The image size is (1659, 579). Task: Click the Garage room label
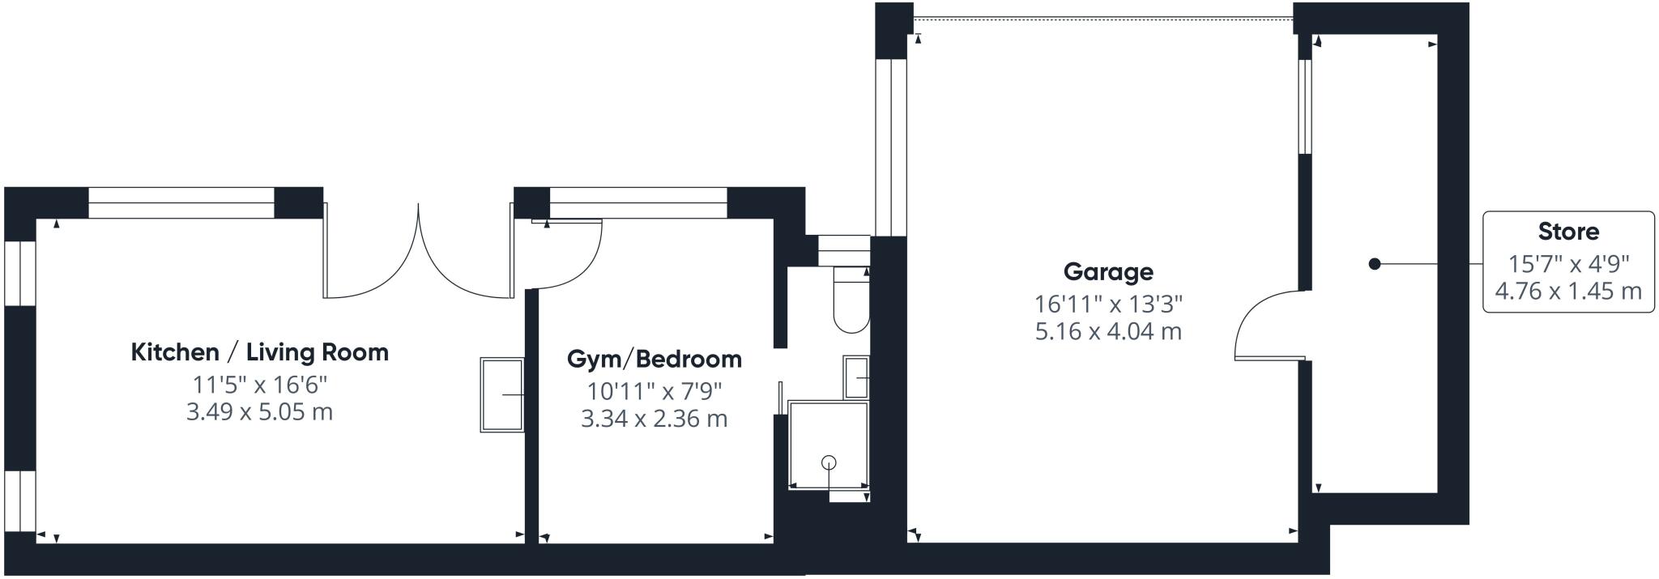[1107, 272]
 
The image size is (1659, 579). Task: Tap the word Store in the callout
[1568, 232]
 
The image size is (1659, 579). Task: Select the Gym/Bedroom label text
[654, 359]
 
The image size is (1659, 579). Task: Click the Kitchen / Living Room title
[259, 352]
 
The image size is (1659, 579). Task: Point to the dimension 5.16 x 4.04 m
[1108, 331]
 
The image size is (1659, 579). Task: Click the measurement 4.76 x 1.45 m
[1568, 291]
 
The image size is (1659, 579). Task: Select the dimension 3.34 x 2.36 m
[654, 419]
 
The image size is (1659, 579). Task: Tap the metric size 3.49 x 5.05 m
[259, 411]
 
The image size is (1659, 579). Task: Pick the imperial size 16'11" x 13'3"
[1108, 304]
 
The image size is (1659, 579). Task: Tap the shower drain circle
[829, 462]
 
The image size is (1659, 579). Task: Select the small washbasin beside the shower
[856, 377]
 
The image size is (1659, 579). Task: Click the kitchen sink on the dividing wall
[502, 394]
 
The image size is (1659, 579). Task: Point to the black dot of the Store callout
[1374, 264]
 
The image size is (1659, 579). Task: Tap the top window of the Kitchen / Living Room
[181, 202]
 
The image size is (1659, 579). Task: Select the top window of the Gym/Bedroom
[638, 202]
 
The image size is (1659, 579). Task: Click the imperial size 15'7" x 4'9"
[1568, 264]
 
